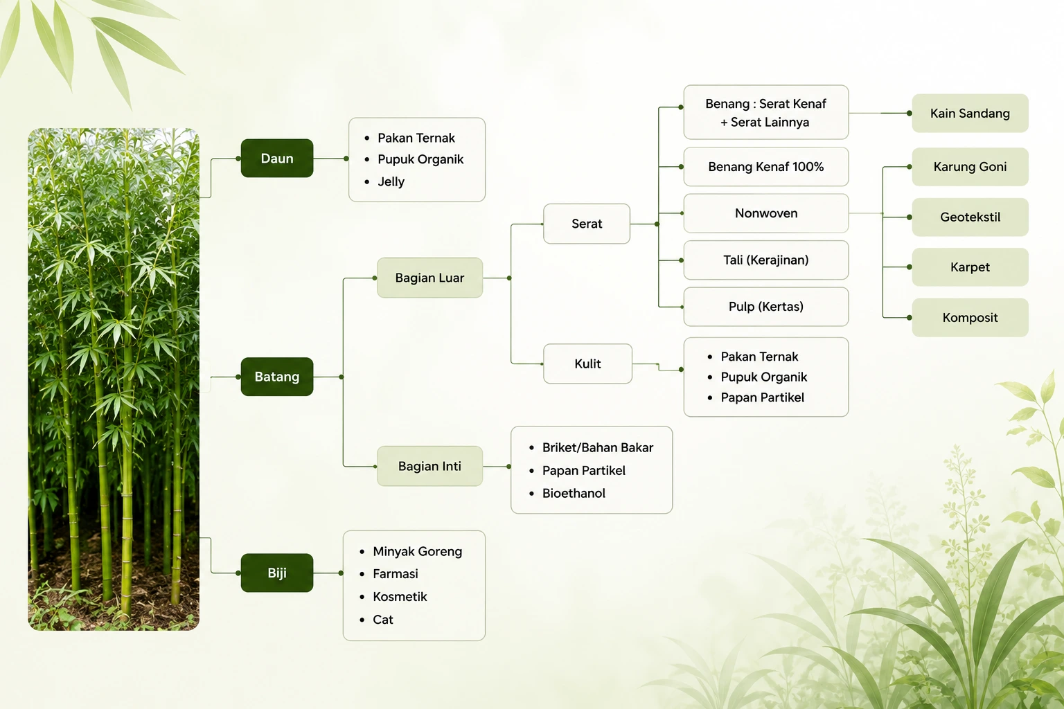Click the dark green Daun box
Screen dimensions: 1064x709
pos(277,158)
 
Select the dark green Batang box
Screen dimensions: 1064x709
pos(277,377)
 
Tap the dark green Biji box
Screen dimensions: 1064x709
pos(277,573)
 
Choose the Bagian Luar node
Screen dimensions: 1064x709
pos(430,278)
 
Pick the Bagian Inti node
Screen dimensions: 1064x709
pos(430,466)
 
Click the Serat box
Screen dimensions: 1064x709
pos(587,224)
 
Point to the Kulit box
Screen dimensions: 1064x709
pos(587,364)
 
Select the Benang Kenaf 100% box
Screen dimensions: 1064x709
pos(766,167)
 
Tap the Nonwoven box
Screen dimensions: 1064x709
pos(766,213)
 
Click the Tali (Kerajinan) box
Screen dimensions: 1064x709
pos(766,260)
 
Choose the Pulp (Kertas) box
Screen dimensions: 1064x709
pos(766,306)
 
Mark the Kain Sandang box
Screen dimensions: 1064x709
pos(970,113)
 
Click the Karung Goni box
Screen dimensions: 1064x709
pos(970,167)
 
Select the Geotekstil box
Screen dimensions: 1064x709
pos(970,217)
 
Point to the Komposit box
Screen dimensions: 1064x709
pos(970,317)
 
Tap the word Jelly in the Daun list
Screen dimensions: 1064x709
pos(391,182)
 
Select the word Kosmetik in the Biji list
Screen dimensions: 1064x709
pos(400,596)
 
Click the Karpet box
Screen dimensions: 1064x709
pos(970,267)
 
